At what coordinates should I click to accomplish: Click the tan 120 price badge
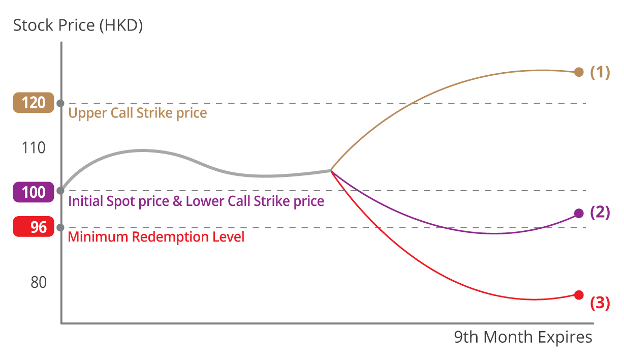(34, 103)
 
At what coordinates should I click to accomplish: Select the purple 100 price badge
(34, 193)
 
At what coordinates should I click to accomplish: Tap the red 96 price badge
(34, 227)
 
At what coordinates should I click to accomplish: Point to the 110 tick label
(34, 148)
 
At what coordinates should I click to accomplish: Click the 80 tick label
(39, 282)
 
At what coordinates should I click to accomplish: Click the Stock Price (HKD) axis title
(78, 25)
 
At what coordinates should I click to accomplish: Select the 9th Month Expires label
(523, 337)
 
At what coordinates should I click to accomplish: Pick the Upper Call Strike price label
(138, 113)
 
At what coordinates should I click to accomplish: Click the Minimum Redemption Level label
(156, 237)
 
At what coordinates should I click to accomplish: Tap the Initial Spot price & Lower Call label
(196, 201)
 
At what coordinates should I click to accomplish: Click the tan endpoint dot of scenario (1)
(578, 72)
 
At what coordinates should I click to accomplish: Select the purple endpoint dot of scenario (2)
(578, 213)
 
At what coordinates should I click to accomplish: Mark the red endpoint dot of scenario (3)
(578, 295)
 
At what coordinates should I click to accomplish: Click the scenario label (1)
(600, 72)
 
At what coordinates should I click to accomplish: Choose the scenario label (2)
(600, 213)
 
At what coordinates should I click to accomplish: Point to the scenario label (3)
(600, 303)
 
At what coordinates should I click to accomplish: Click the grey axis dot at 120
(60, 103)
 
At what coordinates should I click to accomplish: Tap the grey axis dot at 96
(60, 227)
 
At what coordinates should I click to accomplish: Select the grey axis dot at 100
(60, 191)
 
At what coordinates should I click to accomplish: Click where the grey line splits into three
(331, 170)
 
